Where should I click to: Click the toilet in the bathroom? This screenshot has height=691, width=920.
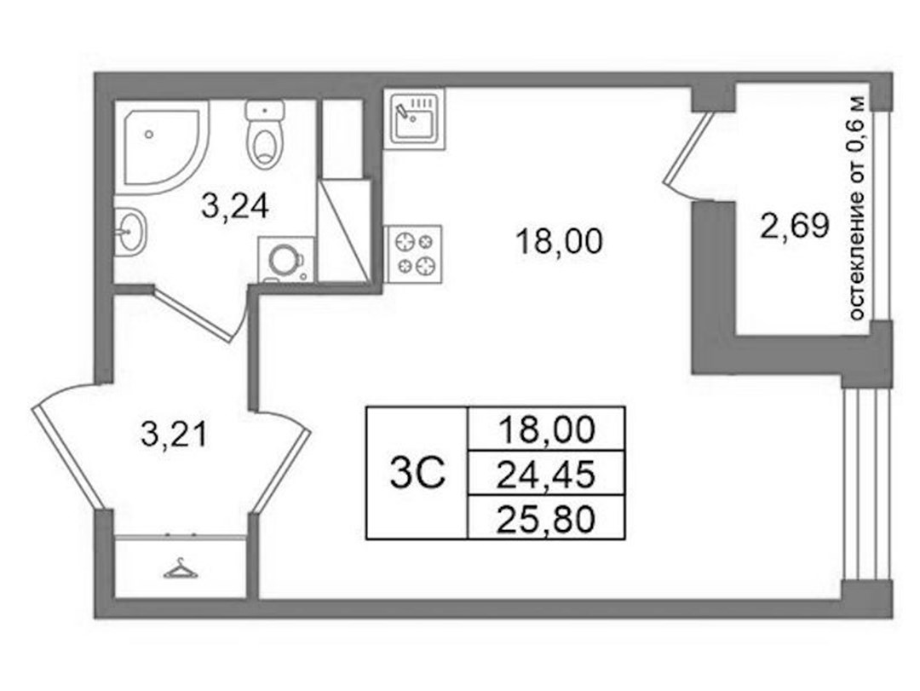[x=265, y=134]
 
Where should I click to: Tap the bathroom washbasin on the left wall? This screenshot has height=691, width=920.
[x=129, y=231]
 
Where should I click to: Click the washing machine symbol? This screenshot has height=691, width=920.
[x=286, y=260]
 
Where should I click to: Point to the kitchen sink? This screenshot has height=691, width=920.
[x=415, y=118]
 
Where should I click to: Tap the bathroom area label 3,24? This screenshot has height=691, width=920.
[x=235, y=206]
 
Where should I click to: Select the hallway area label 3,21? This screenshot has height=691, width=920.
[x=175, y=435]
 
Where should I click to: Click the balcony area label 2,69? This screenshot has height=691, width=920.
[x=795, y=226]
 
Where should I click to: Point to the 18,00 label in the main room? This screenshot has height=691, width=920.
[x=559, y=241]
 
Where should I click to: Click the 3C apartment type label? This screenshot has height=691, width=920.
[x=417, y=475]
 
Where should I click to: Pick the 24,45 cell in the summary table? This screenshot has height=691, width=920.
[x=546, y=475]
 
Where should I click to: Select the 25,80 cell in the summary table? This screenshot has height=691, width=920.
[x=546, y=519]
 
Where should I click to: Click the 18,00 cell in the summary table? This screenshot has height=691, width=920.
[x=546, y=429]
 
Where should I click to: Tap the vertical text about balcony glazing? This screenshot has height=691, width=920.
[x=857, y=209]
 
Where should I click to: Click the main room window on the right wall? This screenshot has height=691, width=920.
[x=867, y=484]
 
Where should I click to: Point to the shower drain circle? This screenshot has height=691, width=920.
[x=149, y=135]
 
